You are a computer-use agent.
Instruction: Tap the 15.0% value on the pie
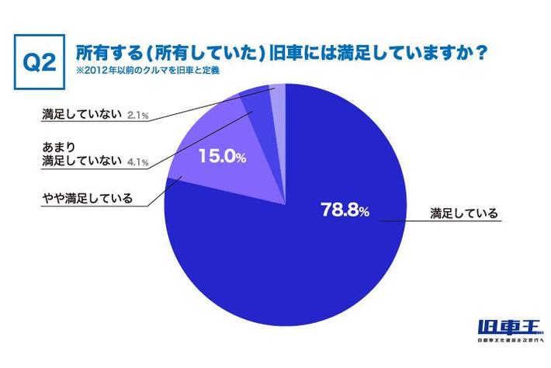pyautogui.click(x=223, y=158)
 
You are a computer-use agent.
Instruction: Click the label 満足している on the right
pyautogui.click(x=463, y=212)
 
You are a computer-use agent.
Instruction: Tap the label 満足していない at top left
pyautogui.click(x=81, y=116)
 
